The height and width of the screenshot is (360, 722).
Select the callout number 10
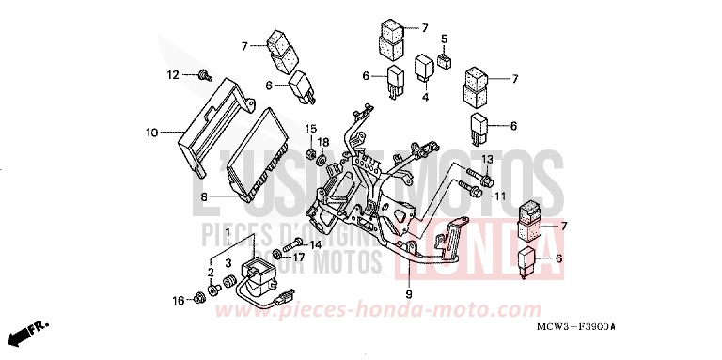pyautogui.click(x=153, y=133)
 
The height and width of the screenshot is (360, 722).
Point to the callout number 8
pyautogui.click(x=203, y=196)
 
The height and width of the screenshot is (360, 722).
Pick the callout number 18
pyautogui.click(x=322, y=142)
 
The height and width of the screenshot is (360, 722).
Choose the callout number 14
pyautogui.click(x=315, y=244)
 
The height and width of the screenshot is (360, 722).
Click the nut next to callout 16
pyautogui.click(x=199, y=299)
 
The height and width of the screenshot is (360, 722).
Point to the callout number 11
pyautogui.click(x=500, y=196)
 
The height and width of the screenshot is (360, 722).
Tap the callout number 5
pyautogui.click(x=445, y=39)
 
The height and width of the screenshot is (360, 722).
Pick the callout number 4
pyautogui.click(x=425, y=97)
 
